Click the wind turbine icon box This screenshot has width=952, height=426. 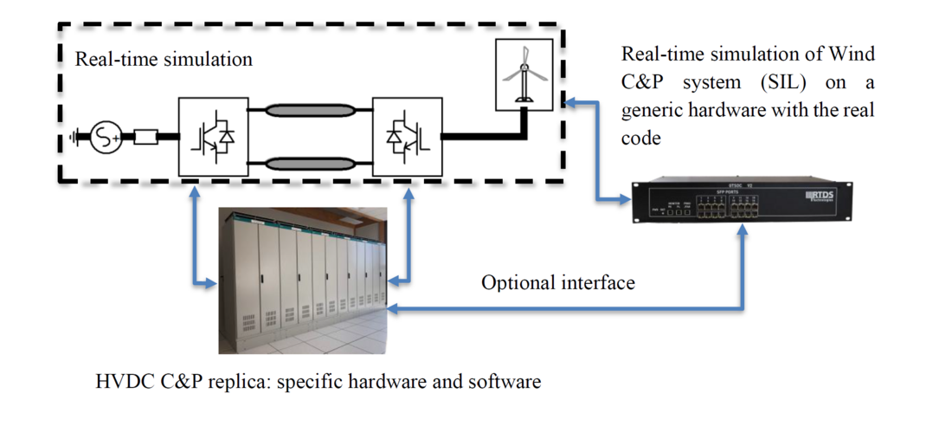(x=522, y=74)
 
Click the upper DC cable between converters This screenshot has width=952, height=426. (x=309, y=110)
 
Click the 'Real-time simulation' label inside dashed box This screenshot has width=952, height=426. (x=164, y=60)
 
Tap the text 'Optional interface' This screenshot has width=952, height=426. (x=558, y=282)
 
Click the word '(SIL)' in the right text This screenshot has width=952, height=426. (x=761, y=83)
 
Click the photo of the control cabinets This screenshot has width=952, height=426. (x=301, y=280)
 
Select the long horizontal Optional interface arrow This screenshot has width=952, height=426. (x=563, y=308)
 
